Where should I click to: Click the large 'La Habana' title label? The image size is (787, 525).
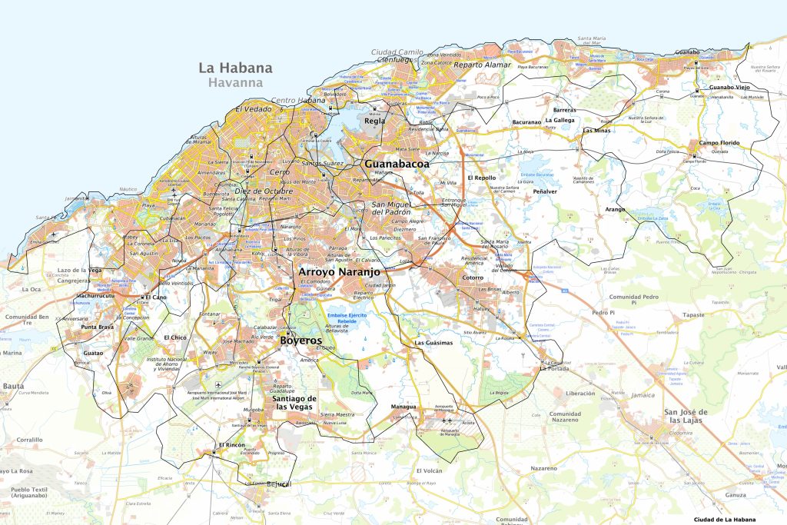coord(235,68)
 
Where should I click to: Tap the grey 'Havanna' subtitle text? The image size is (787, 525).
coord(235,83)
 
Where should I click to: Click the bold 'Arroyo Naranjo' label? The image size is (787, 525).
coord(339,271)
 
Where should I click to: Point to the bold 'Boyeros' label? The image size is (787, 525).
coord(301,339)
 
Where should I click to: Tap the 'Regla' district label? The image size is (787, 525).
coord(374,121)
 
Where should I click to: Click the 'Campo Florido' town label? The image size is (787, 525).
coord(719,144)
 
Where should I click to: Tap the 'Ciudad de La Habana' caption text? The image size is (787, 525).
coord(725,520)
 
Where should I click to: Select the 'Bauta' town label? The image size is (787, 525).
coord(13,385)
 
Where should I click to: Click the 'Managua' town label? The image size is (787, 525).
coord(403,407)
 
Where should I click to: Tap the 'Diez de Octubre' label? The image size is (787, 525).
coord(264,191)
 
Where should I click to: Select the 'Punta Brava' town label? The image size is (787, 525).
coord(98,327)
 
